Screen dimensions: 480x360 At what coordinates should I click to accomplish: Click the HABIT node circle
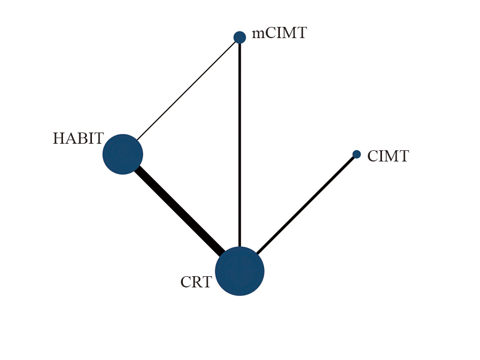[123, 154]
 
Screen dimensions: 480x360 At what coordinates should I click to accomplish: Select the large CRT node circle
[240, 271]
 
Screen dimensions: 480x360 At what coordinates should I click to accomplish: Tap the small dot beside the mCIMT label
[240, 38]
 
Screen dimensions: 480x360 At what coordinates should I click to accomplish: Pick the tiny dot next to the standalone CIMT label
[357, 154]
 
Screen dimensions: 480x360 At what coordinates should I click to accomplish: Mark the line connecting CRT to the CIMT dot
[306, 205]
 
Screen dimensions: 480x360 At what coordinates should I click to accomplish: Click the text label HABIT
[78, 139]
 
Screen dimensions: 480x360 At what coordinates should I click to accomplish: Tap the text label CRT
[196, 282]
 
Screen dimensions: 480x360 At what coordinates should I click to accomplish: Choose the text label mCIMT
[279, 33]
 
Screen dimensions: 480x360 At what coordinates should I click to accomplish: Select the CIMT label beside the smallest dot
[388, 156]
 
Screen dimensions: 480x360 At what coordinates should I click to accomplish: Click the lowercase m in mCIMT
[259, 35]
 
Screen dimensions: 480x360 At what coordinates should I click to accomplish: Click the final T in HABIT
[99, 139]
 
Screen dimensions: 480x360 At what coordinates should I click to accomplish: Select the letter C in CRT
[186, 282]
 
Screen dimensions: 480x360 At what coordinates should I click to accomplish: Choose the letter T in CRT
[207, 282]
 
